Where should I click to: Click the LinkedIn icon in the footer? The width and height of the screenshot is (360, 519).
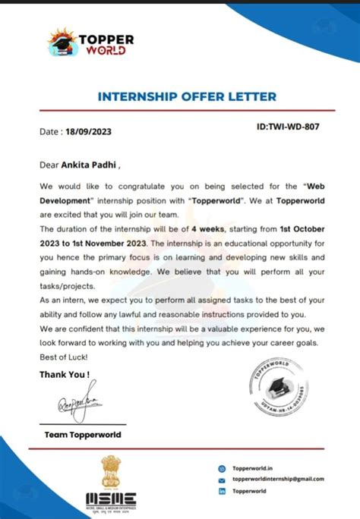[222, 492]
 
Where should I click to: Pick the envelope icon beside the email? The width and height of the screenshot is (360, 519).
[222, 480]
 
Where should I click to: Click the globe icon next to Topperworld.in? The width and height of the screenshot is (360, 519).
[222, 469]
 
